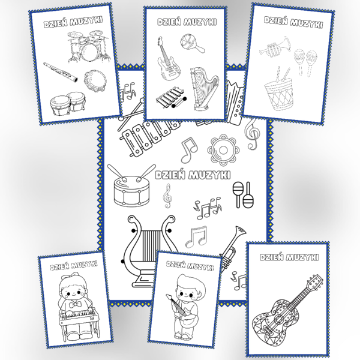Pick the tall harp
click(x=204, y=89)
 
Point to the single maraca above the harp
click(x=192, y=43)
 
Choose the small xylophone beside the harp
click(x=171, y=98)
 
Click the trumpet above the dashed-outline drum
click(x=275, y=47)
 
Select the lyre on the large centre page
click(x=149, y=250)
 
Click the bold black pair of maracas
click(x=244, y=194)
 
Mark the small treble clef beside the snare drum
click(x=167, y=196)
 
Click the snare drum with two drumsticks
click(x=132, y=185)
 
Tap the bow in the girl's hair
click(x=76, y=275)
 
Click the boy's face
click(x=187, y=293)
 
